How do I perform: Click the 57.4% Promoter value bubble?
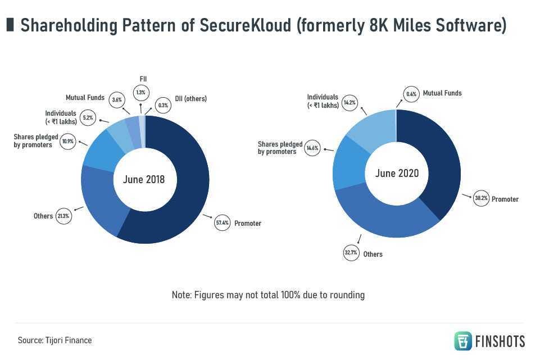pyautogui.click(x=223, y=223)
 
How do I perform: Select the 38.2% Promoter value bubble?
pyautogui.click(x=481, y=198)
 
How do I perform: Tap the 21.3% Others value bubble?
pyautogui.click(x=63, y=216)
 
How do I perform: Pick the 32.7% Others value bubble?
pyautogui.click(x=351, y=253)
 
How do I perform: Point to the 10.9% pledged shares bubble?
pyautogui.click(x=68, y=141)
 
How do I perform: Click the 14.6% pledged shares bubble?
pyautogui.click(x=312, y=148)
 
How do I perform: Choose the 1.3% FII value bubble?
pyautogui.click(x=140, y=92)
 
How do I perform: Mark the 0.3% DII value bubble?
pyautogui.click(x=163, y=104)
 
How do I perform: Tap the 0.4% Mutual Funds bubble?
pyautogui.click(x=411, y=94)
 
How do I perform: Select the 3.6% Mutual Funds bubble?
pyautogui.click(x=117, y=100)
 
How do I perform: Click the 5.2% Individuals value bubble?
pyautogui.click(x=88, y=118)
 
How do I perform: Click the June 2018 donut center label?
pyautogui.click(x=144, y=180)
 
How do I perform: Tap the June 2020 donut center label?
pyautogui.click(x=397, y=173)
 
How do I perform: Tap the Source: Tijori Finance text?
pyautogui.click(x=55, y=340)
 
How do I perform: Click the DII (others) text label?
pyautogui.click(x=190, y=99)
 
